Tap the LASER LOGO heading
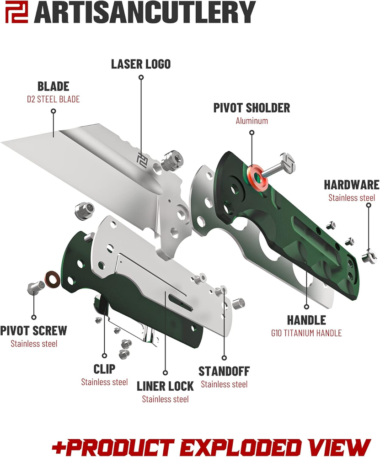[x=141, y=64]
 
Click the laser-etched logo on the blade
[x=144, y=158]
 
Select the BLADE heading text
[x=54, y=86]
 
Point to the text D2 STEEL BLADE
[x=54, y=99]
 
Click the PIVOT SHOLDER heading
[x=252, y=108]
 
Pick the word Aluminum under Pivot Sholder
[x=252, y=121]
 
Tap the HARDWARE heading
[x=352, y=185]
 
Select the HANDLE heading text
[x=306, y=320]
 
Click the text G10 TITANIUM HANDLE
[x=306, y=333]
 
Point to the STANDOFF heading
[x=224, y=371]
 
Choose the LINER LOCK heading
[x=165, y=386]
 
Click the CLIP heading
[x=104, y=369]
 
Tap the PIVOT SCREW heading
[x=34, y=330]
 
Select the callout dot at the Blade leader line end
[x=54, y=111]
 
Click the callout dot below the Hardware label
[x=368, y=206]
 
